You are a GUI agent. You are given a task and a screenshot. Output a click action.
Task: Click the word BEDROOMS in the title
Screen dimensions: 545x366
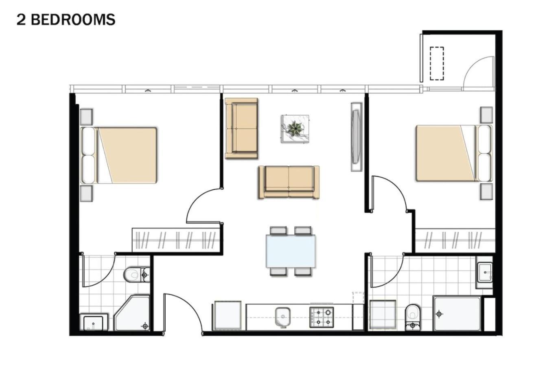coord(73,20)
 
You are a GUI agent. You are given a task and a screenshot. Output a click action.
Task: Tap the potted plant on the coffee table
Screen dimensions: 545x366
coord(295,129)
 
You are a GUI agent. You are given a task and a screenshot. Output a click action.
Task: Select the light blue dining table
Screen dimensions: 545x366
coord(291,251)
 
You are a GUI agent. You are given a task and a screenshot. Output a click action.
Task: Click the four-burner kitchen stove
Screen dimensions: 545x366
coord(322,317)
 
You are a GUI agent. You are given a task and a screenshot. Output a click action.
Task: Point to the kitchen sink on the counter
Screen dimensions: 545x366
coord(283,317)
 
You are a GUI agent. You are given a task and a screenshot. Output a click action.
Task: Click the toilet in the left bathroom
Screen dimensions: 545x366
coord(136,275)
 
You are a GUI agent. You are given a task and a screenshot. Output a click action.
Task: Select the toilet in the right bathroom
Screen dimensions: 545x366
coord(413,317)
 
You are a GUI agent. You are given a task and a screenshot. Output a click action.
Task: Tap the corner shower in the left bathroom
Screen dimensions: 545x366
coord(132,313)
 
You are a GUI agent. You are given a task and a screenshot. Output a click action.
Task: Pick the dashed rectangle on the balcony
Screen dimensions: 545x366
coord(437,63)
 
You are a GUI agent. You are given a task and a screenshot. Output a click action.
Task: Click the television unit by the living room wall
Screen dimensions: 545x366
coord(357,137)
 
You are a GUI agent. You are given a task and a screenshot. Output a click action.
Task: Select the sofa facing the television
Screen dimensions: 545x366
coord(289,182)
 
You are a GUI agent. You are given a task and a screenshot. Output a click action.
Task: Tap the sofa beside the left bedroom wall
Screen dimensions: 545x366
coord(241,129)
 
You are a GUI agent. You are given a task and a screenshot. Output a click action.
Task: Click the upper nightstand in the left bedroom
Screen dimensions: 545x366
coord(86,117)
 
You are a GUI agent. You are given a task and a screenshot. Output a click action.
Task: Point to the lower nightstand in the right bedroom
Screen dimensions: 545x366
coord(486,192)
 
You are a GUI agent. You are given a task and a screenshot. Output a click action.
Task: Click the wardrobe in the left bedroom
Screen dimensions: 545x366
coord(176,240)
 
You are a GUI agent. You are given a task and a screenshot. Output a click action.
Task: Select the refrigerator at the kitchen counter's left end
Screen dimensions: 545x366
coord(228,316)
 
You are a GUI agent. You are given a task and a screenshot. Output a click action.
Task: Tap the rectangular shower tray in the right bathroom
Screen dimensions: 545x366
coord(457,314)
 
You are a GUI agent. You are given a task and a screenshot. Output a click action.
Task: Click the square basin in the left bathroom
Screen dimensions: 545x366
coord(94,322)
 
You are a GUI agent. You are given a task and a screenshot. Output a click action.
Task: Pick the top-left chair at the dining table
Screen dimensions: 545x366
coord(278,231)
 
